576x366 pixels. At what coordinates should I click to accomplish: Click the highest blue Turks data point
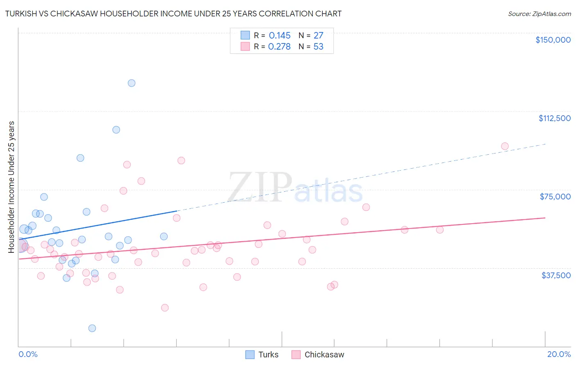[x=132, y=83]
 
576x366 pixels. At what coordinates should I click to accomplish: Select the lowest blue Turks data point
[x=92, y=328]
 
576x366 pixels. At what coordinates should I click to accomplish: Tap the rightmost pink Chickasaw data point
[x=505, y=146]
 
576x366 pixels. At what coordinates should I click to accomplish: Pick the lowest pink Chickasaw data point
[x=165, y=308]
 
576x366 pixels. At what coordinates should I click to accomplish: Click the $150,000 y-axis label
[x=553, y=40]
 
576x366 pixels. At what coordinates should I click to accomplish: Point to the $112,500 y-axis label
[x=554, y=118]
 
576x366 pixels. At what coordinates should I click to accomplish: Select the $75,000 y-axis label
[x=555, y=197]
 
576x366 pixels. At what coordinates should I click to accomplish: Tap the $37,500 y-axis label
[x=556, y=275]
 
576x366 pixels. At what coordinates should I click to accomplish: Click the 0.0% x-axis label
[x=28, y=354]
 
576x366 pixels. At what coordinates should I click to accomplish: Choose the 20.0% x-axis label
[x=558, y=354]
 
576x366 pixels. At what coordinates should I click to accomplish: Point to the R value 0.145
[x=279, y=36]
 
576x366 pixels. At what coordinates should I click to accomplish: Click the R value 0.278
[x=279, y=47]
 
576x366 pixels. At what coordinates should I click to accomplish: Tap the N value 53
[x=318, y=47]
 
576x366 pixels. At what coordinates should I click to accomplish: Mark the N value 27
[x=318, y=36]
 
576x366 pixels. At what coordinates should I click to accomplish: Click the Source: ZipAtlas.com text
[x=539, y=14]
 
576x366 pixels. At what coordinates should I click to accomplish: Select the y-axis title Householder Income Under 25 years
[x=11, y=187]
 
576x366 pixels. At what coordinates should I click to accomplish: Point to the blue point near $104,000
[x=116, y=130]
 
